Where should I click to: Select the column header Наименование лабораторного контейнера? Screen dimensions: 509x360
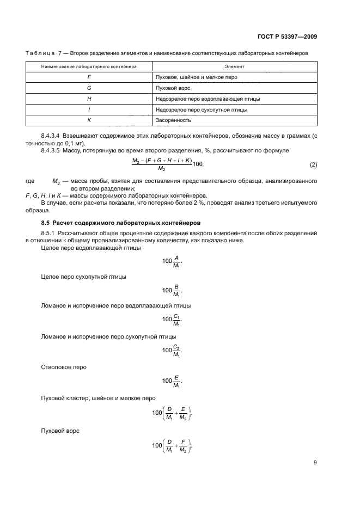click(88, 66)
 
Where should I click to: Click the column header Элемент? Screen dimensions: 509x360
click(234, 66)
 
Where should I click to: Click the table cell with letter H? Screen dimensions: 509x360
click(88, 99)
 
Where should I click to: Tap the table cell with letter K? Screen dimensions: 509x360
click(88, 120)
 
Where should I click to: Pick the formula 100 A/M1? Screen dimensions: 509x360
click(172, 261)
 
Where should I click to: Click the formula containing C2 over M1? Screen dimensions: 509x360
click(172, 351)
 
